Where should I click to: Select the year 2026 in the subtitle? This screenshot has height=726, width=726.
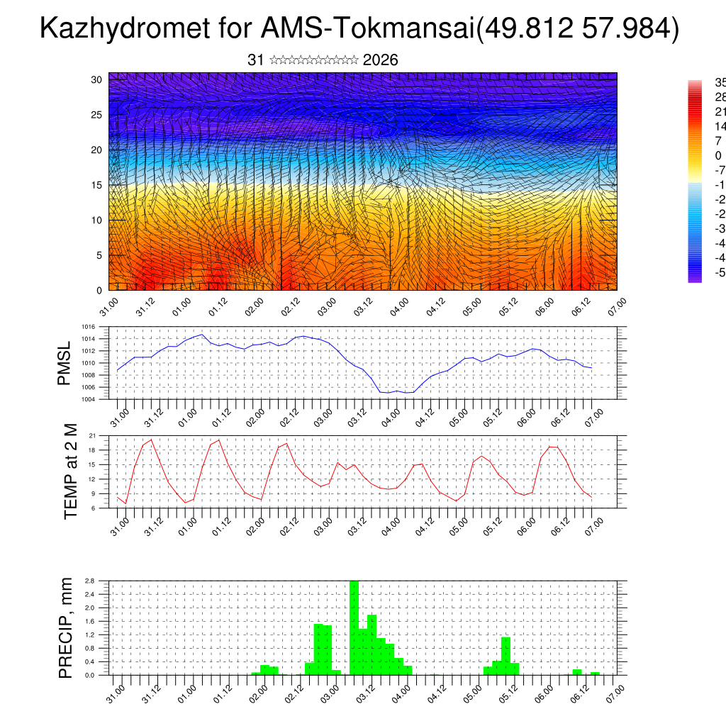point(380,60)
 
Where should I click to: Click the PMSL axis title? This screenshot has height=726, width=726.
point(65,363)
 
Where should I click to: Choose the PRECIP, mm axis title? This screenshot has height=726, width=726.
point(66,627)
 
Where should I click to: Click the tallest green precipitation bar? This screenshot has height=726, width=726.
point(354,627)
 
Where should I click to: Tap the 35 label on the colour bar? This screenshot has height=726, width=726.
point(720,83)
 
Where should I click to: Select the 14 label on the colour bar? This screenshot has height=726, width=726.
point(720,126)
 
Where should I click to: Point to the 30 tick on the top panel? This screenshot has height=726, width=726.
point(97,79)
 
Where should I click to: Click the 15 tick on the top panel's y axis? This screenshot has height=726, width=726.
point(97,185)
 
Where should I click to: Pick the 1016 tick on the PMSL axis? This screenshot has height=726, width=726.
point(89,327)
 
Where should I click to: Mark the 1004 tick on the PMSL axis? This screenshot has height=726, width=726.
point(89,399)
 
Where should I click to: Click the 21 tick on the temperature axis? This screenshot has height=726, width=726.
point(92,435)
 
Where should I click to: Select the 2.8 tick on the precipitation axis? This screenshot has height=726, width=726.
point(90,581)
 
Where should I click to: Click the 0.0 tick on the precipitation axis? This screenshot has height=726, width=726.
point(90,675)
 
